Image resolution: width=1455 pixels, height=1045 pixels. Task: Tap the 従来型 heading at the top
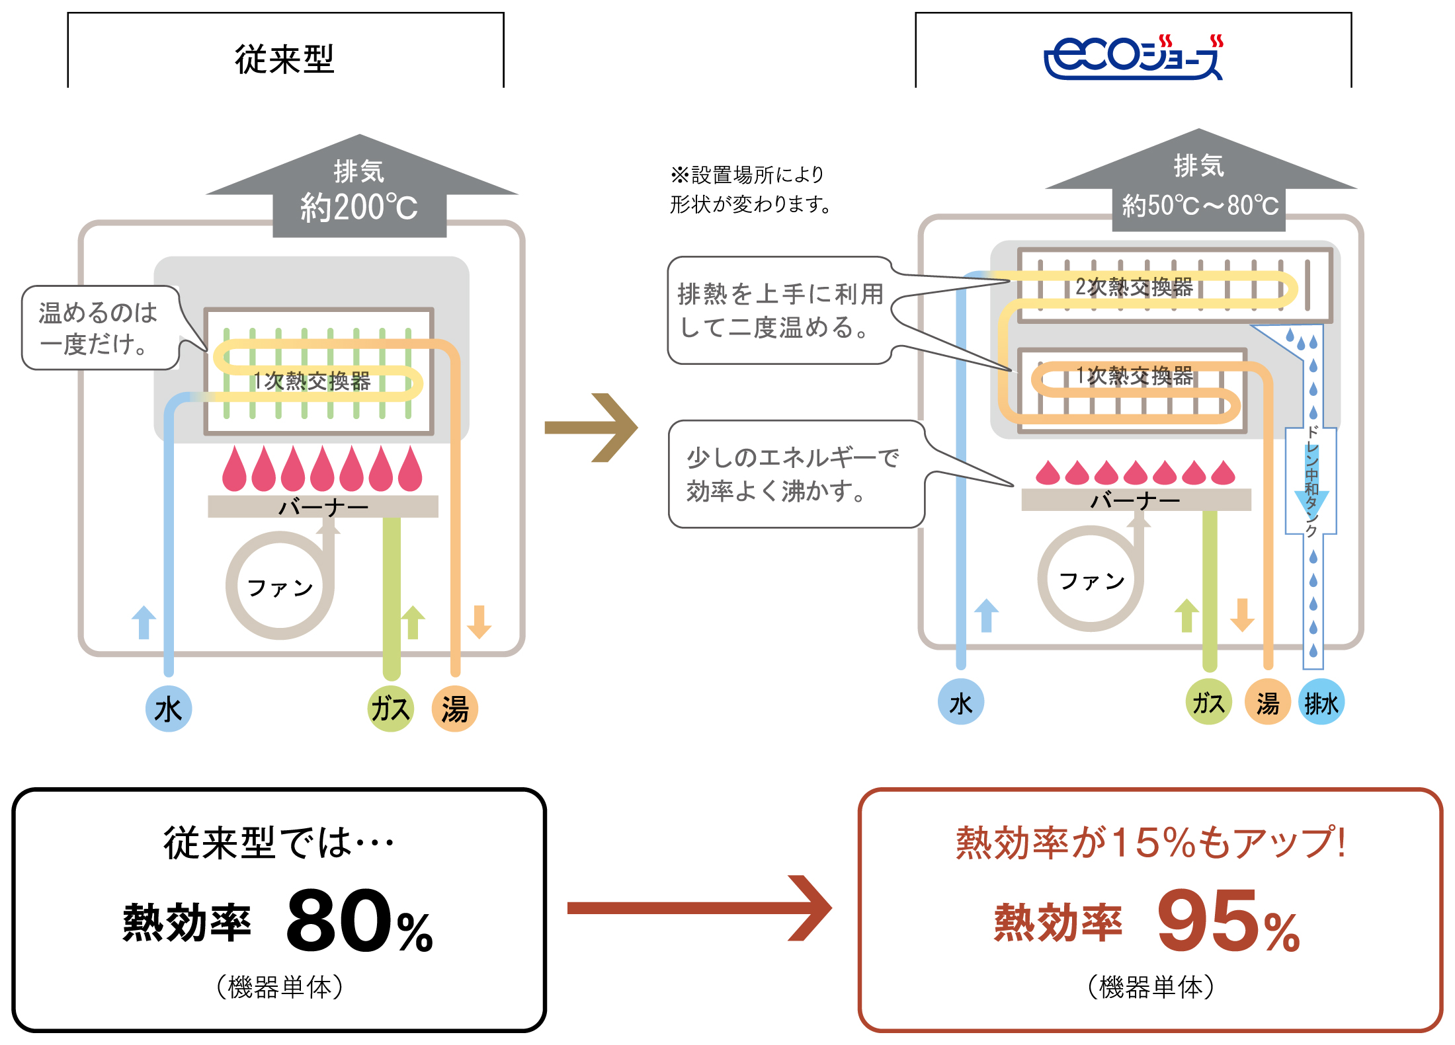(285, 59)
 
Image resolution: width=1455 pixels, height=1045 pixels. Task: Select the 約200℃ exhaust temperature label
(359, 208)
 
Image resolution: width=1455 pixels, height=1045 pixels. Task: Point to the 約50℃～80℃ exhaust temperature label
(1200, 206)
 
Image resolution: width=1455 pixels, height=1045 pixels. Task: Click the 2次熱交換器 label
(1134, 287)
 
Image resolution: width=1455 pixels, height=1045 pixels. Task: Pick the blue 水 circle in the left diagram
(169, 709)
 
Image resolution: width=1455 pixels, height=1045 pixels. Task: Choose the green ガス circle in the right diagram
(1208, 703)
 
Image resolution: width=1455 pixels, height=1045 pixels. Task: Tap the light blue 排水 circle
(1321, 703)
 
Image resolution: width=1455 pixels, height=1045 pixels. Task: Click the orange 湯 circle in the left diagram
(455, 709)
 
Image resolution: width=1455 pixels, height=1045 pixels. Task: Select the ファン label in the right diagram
(1091, 581)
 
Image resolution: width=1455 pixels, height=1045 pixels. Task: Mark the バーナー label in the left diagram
(323, 507)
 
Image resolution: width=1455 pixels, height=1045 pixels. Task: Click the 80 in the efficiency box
(339, 921)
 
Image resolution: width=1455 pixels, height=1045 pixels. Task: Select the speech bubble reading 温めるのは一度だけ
(99, 328)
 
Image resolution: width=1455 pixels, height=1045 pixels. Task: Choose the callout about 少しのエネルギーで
(794, 474)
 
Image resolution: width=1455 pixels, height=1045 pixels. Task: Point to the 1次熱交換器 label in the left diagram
(312, 381)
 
